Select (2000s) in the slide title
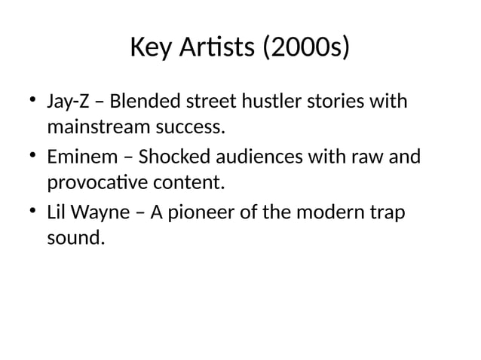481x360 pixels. tap(305, 50)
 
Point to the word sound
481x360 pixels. tap(72, 240)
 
